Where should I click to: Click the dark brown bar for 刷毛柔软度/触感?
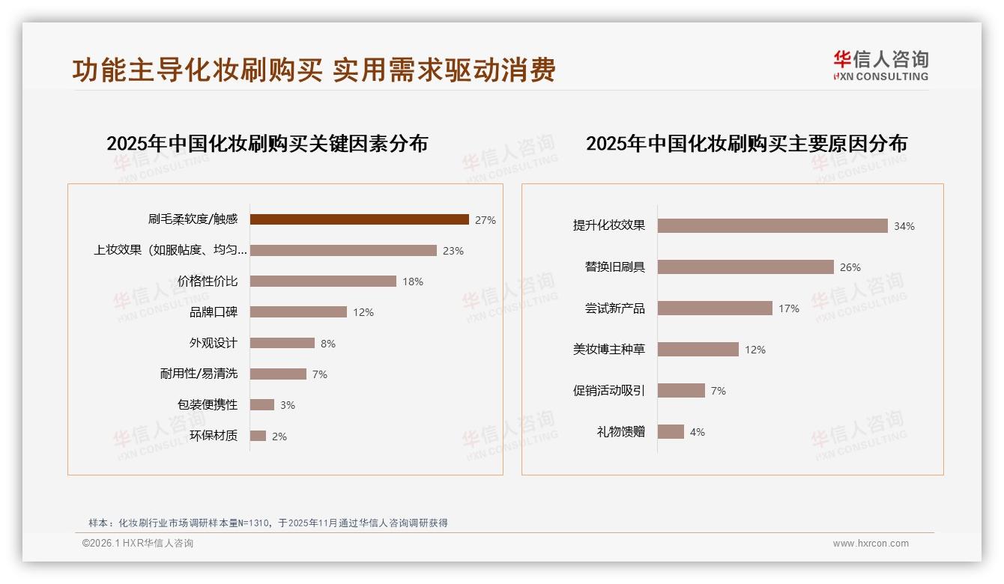point(359,219)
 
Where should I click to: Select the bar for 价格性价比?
point(323,282)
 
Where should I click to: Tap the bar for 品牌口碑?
point(298,312)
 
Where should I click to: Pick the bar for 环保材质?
point(258,436)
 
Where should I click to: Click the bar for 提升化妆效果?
point(772,226)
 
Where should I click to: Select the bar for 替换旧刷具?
point(746,267)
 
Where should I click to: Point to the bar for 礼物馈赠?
point(671,432)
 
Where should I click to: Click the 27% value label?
point(485,220)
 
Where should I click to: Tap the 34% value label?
point(904,226)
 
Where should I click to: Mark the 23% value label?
point(453,251)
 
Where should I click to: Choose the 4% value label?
point(697,432)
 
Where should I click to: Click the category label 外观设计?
point(213,343)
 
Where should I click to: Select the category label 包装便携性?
point(207,405)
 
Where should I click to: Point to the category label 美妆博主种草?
point(608,350)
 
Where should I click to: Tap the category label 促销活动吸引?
point(608,391)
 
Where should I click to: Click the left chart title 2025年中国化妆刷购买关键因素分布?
point(267,144)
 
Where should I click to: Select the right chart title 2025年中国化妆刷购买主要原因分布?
point(746,144)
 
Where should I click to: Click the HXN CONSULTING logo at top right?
point(880,66)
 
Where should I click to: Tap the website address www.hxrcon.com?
point(871,544)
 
